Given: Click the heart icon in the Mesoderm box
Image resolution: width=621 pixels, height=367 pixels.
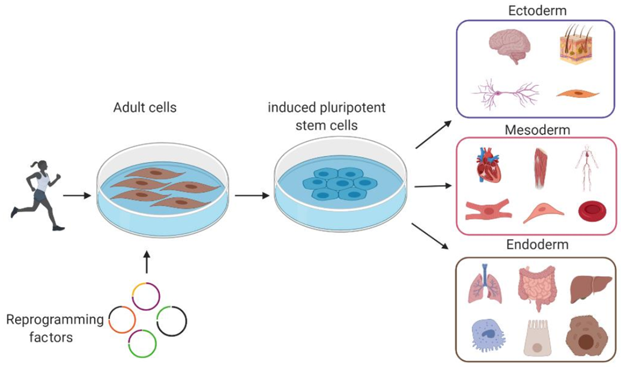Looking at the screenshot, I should pos(487,165).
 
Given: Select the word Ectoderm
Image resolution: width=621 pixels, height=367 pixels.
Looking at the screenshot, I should pos(537,10).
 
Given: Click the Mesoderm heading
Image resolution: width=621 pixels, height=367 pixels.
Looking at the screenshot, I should pos(537,130).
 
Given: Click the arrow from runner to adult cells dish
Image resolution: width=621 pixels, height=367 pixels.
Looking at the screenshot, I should pos(76,195).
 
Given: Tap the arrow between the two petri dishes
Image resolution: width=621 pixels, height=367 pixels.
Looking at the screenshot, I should pos(249,195).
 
